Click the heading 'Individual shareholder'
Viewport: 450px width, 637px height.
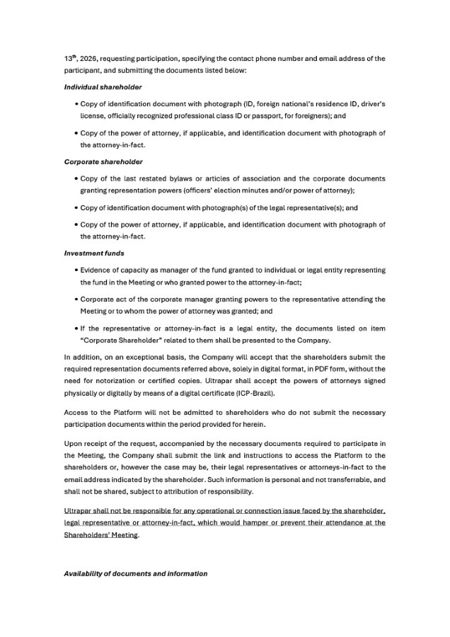point(103,86)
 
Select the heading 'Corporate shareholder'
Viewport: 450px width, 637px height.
point(104,162)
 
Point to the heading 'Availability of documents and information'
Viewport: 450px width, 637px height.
point(135,573)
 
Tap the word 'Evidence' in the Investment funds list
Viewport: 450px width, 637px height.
point(98,270)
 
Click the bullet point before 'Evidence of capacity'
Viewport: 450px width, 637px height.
point(76,270)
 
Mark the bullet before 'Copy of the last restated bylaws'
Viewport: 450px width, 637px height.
point(76,179)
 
